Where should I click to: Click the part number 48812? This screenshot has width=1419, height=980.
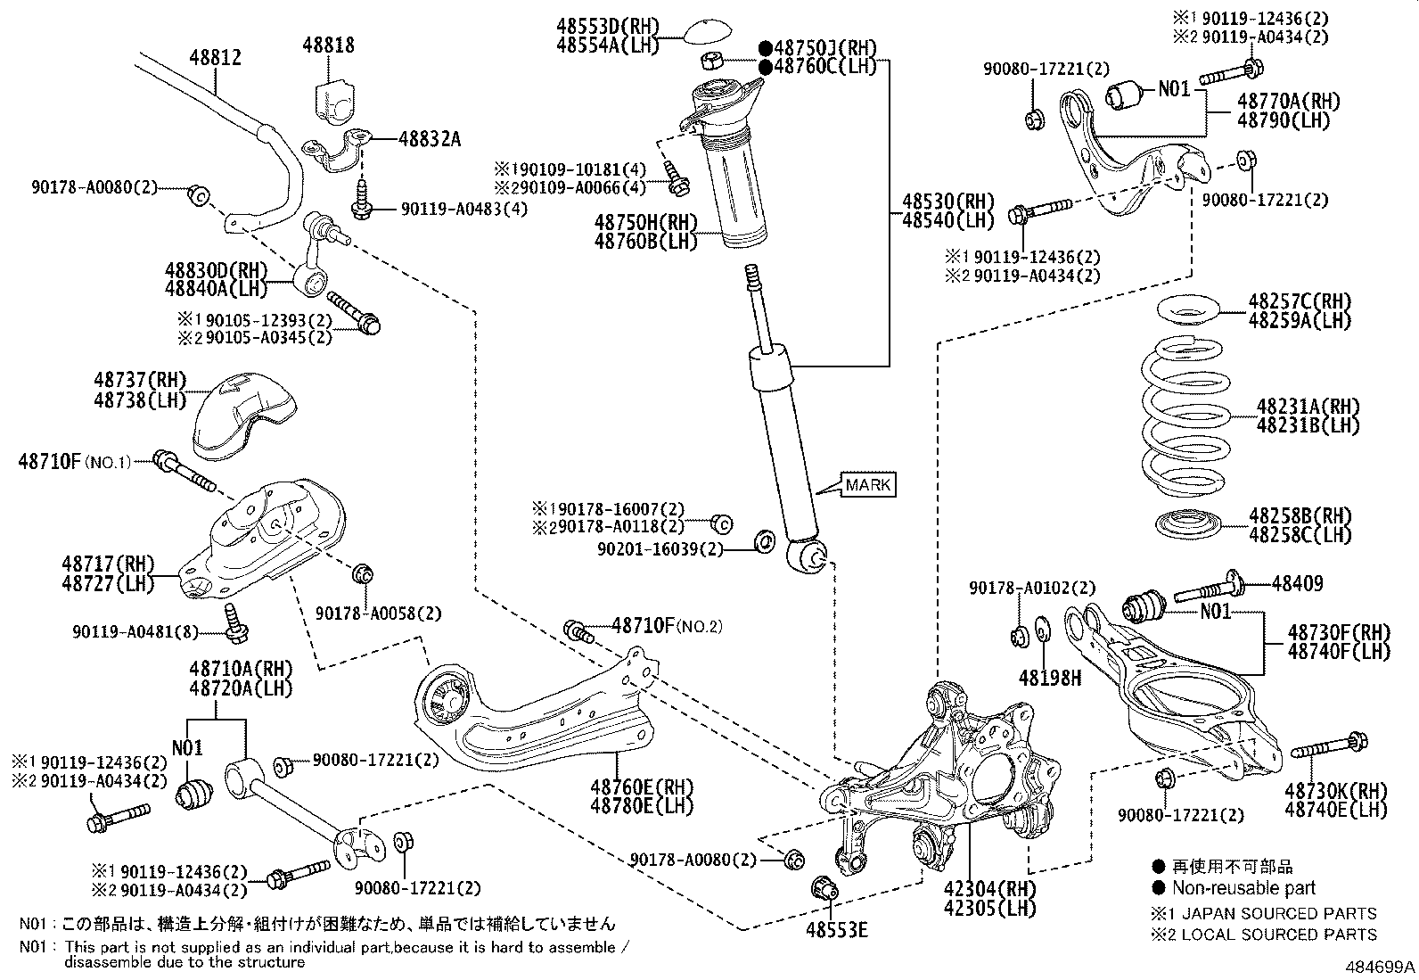(215, 58)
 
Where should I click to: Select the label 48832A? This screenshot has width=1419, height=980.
(430, 139)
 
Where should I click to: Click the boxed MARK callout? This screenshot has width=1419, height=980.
(866, 485)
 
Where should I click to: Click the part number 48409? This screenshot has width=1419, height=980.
(1297, 584)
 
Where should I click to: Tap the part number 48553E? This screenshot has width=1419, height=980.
(837, 930)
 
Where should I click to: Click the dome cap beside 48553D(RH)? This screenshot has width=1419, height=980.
(708, 31)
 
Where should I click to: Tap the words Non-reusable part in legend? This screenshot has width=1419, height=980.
(1243, 887)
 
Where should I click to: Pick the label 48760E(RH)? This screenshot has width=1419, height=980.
(641, 786)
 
